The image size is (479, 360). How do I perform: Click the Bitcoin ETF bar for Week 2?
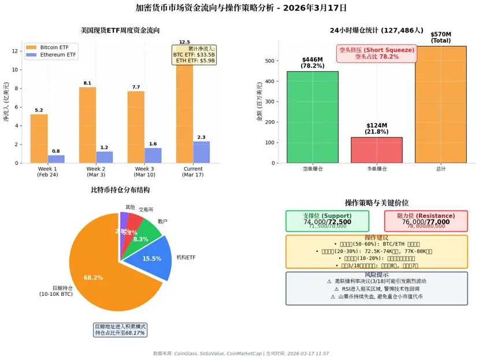(x=87, y=125)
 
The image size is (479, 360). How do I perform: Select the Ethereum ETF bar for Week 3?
(x=153, y=155)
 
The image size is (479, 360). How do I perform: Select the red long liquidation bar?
(x=377, y=150)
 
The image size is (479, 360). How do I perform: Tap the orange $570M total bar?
(x=441, y=105)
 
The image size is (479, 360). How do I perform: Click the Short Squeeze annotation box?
(x=376, y=54)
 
